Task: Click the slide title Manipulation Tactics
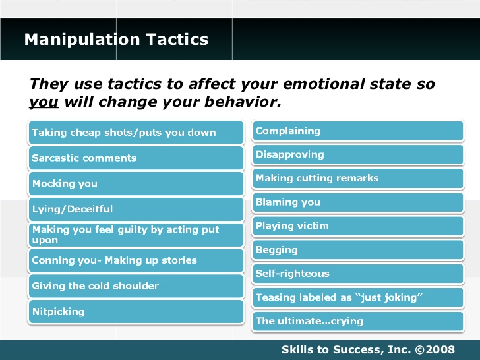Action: point(116,40)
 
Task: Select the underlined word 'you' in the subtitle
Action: point(44,103)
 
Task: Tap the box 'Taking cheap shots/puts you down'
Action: point(136,133)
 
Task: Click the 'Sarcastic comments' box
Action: point(136,158)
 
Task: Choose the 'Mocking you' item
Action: point(136,183)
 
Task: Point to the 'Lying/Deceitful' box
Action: point(136,209)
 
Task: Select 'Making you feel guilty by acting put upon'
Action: point(136,235)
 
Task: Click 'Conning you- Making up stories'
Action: point(136,260)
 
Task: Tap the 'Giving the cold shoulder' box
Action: point(136,286)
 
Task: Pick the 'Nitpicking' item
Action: point(136,311)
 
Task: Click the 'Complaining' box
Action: point(358,131)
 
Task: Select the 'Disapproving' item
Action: point(358,155)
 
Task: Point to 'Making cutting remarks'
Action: point(358,179)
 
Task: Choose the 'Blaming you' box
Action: point(358,202)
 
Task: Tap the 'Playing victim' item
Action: point(358,226)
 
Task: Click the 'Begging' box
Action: point(358,250)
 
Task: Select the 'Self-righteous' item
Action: point(358,274)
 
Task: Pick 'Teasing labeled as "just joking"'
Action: point(358,297)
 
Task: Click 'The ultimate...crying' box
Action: point(358,321)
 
